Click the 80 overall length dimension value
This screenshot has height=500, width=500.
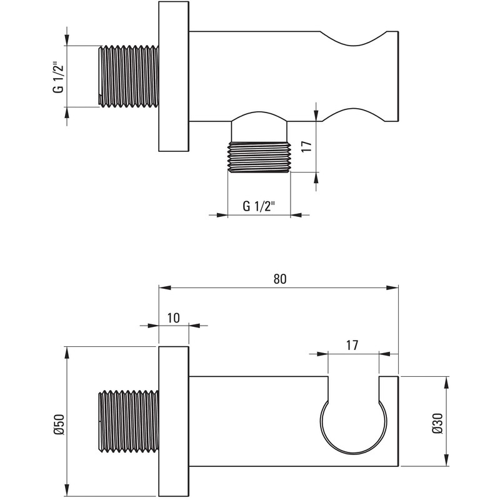279,279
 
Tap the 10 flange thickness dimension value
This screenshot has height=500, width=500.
173,317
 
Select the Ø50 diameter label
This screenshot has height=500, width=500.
58,423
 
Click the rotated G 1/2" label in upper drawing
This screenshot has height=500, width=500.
58,77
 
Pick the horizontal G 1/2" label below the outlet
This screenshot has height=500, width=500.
259,206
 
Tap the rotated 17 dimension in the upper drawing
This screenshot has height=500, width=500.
306,147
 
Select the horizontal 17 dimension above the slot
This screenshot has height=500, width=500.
351,344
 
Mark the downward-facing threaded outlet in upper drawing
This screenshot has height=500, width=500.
259,157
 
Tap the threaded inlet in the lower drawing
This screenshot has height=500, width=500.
129,422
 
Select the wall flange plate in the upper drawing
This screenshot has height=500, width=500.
174,76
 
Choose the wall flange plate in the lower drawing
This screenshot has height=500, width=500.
174,422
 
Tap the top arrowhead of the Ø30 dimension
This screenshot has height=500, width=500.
446,382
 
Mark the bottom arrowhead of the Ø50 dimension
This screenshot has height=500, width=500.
67,491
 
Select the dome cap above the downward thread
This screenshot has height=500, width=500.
259,118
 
